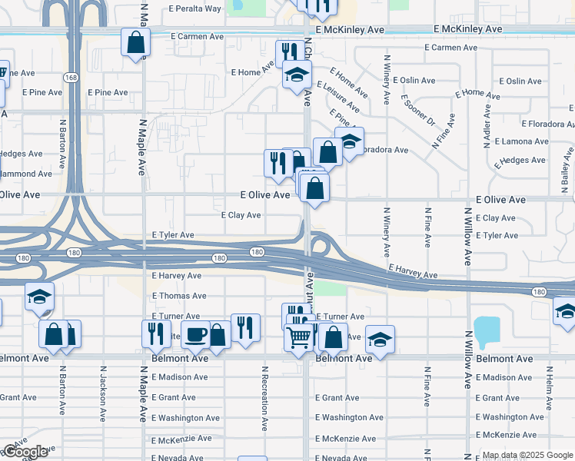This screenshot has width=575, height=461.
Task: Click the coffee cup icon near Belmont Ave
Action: tap(196, 334)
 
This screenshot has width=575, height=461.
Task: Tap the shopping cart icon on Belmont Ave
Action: tap(298, 337)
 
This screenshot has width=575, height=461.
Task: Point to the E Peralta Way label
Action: tap(195, 8)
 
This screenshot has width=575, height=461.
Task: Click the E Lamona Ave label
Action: tap(521, 141)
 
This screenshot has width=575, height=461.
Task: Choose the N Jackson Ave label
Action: tap(101, 393)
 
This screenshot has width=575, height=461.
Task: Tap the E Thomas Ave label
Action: tap(179, 296)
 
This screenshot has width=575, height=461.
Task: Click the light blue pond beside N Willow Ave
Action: tap(486, 331)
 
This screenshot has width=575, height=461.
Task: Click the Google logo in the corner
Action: tap(25, 452)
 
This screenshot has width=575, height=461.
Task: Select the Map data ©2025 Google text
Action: tap(527, 455)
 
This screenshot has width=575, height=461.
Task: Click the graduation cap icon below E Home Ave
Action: tap(296, 75)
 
